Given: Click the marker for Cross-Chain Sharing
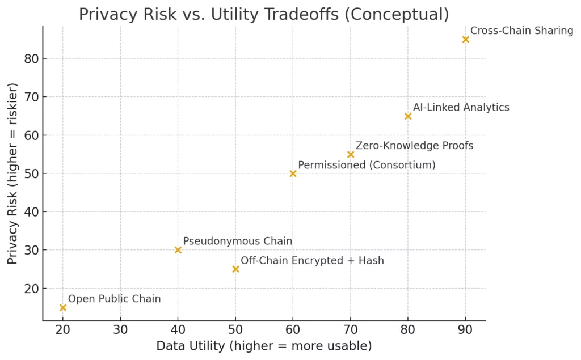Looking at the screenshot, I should [x=466, y=40].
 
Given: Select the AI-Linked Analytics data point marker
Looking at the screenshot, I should [x=408, y=116].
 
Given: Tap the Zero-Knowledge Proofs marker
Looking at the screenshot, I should [x=351, y=155].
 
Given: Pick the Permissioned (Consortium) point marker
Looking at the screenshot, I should [x=293, y=173].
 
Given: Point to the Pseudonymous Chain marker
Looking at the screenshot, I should [x=178, y=250].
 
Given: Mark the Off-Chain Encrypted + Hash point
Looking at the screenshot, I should [x=235, y=269].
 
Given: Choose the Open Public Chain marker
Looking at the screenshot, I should [x=63, y=308].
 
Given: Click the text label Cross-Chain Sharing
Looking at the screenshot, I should [x=522, y=31].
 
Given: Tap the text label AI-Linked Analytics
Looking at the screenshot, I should [x=461, y=107].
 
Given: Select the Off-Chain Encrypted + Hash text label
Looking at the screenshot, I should [x=312, y=261].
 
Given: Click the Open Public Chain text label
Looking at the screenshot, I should [x=114, y=299].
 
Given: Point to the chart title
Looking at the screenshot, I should [x=264, y=14].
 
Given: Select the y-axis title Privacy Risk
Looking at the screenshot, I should [x=13, y=173].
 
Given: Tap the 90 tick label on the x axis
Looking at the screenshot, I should [x=466, y=329].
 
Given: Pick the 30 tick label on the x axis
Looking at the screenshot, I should [x=120, y=329].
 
